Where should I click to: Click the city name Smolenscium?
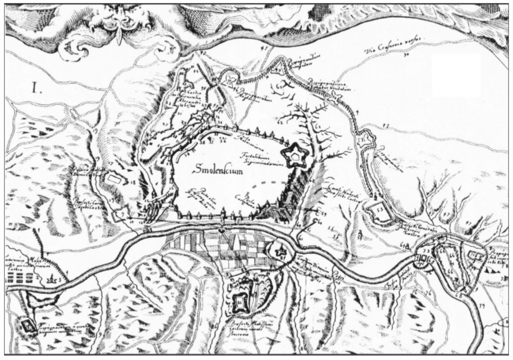221,169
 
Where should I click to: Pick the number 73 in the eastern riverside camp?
425,249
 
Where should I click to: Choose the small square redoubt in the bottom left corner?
26,326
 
